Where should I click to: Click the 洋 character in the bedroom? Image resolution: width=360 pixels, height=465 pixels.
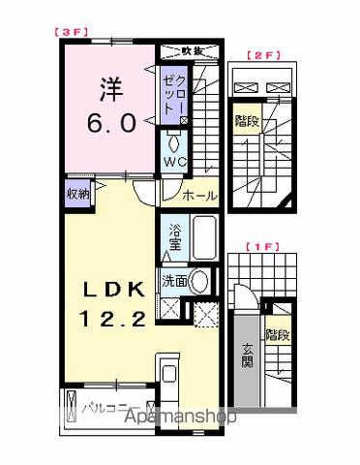coord(109,89)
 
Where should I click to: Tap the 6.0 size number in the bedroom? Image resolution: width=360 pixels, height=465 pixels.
coord(109,124)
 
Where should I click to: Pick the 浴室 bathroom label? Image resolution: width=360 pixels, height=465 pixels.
coord(175,237)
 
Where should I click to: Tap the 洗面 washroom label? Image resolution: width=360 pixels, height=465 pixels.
coord(174,281)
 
